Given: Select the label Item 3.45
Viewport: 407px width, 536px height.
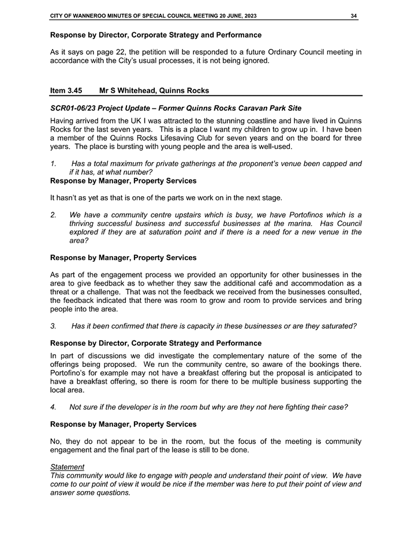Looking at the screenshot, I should (x=66, y=91).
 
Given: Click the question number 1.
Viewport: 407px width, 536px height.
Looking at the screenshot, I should (x=53, y=164).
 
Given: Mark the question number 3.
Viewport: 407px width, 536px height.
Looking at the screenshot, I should (x=53, y=326).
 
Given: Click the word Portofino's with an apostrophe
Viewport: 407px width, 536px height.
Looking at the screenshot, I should (x=70, y=372).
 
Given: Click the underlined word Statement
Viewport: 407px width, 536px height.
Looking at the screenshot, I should (x=67, y=467).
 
